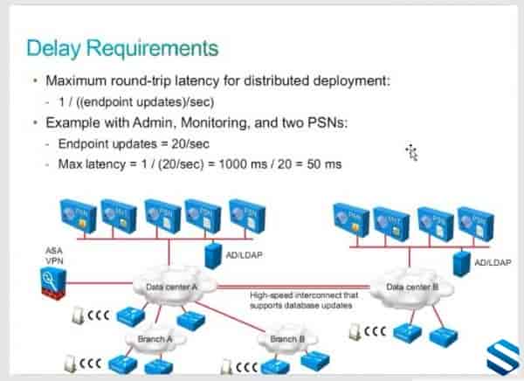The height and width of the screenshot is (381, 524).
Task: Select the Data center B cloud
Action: (407, 286)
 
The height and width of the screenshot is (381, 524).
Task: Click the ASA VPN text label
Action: (53, 255)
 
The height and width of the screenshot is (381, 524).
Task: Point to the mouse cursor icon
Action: (412, 153)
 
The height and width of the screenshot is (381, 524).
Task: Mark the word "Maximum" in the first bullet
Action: (72, 81)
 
